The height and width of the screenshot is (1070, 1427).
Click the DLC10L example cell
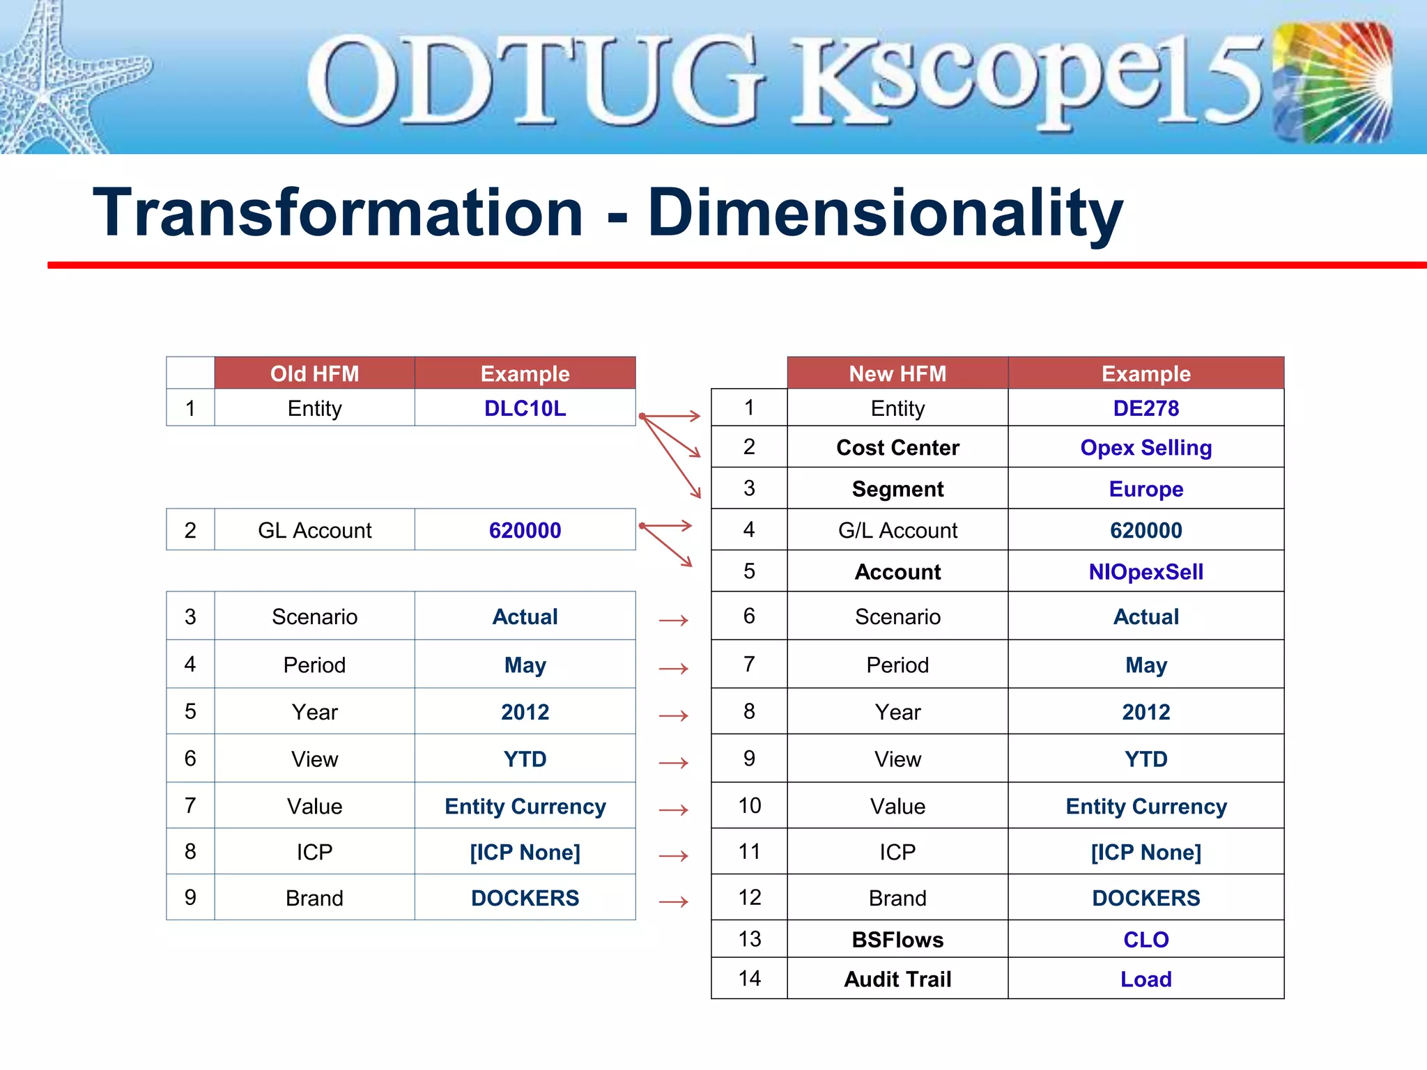pos(525,408)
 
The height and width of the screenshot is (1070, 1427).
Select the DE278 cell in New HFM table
pos(1146,408)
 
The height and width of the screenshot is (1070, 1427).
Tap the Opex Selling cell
pos(1146,447)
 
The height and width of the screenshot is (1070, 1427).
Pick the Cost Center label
pos(897,447)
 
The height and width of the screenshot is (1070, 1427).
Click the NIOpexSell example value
pos(1146,572)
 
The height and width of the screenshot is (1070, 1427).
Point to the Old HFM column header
pos(314,373)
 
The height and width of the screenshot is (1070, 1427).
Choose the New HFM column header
pos(897,373)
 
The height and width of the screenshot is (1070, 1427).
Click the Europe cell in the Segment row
pos(1146,489)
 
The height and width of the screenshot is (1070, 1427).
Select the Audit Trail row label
pos(897,979)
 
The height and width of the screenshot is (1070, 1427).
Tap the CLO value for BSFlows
pos(1146,940)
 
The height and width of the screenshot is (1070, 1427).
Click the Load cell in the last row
pos(1146,979)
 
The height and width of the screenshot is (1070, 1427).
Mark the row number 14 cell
pos(749,979)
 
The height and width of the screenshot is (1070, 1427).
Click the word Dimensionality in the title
pos(885,213)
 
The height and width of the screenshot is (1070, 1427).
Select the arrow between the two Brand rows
pos(673,902)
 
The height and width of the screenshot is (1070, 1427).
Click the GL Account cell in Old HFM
pos(314,531)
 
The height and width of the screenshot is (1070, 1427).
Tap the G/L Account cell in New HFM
pos(897,531)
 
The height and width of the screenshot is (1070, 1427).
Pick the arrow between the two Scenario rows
pos(673,620)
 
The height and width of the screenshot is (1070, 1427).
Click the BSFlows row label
pos(897,940)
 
